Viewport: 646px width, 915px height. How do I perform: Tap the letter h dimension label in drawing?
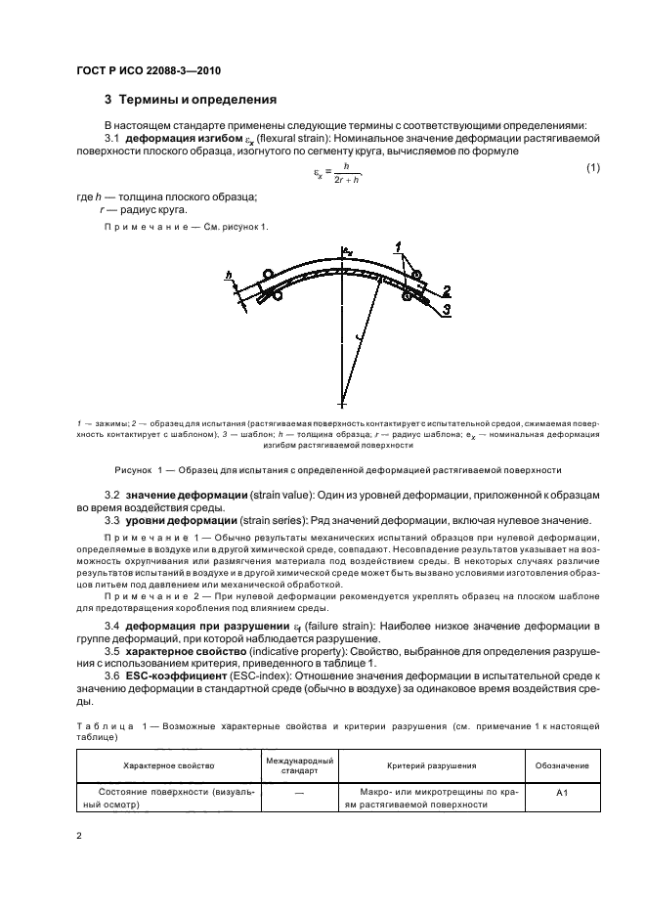tap(229, 278)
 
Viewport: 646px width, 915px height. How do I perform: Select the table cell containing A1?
tap(563, 797)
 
